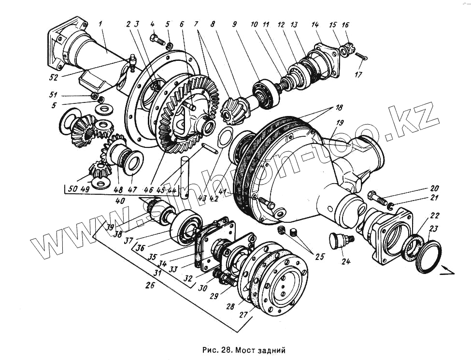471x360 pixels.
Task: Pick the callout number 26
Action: coord(151,285)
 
